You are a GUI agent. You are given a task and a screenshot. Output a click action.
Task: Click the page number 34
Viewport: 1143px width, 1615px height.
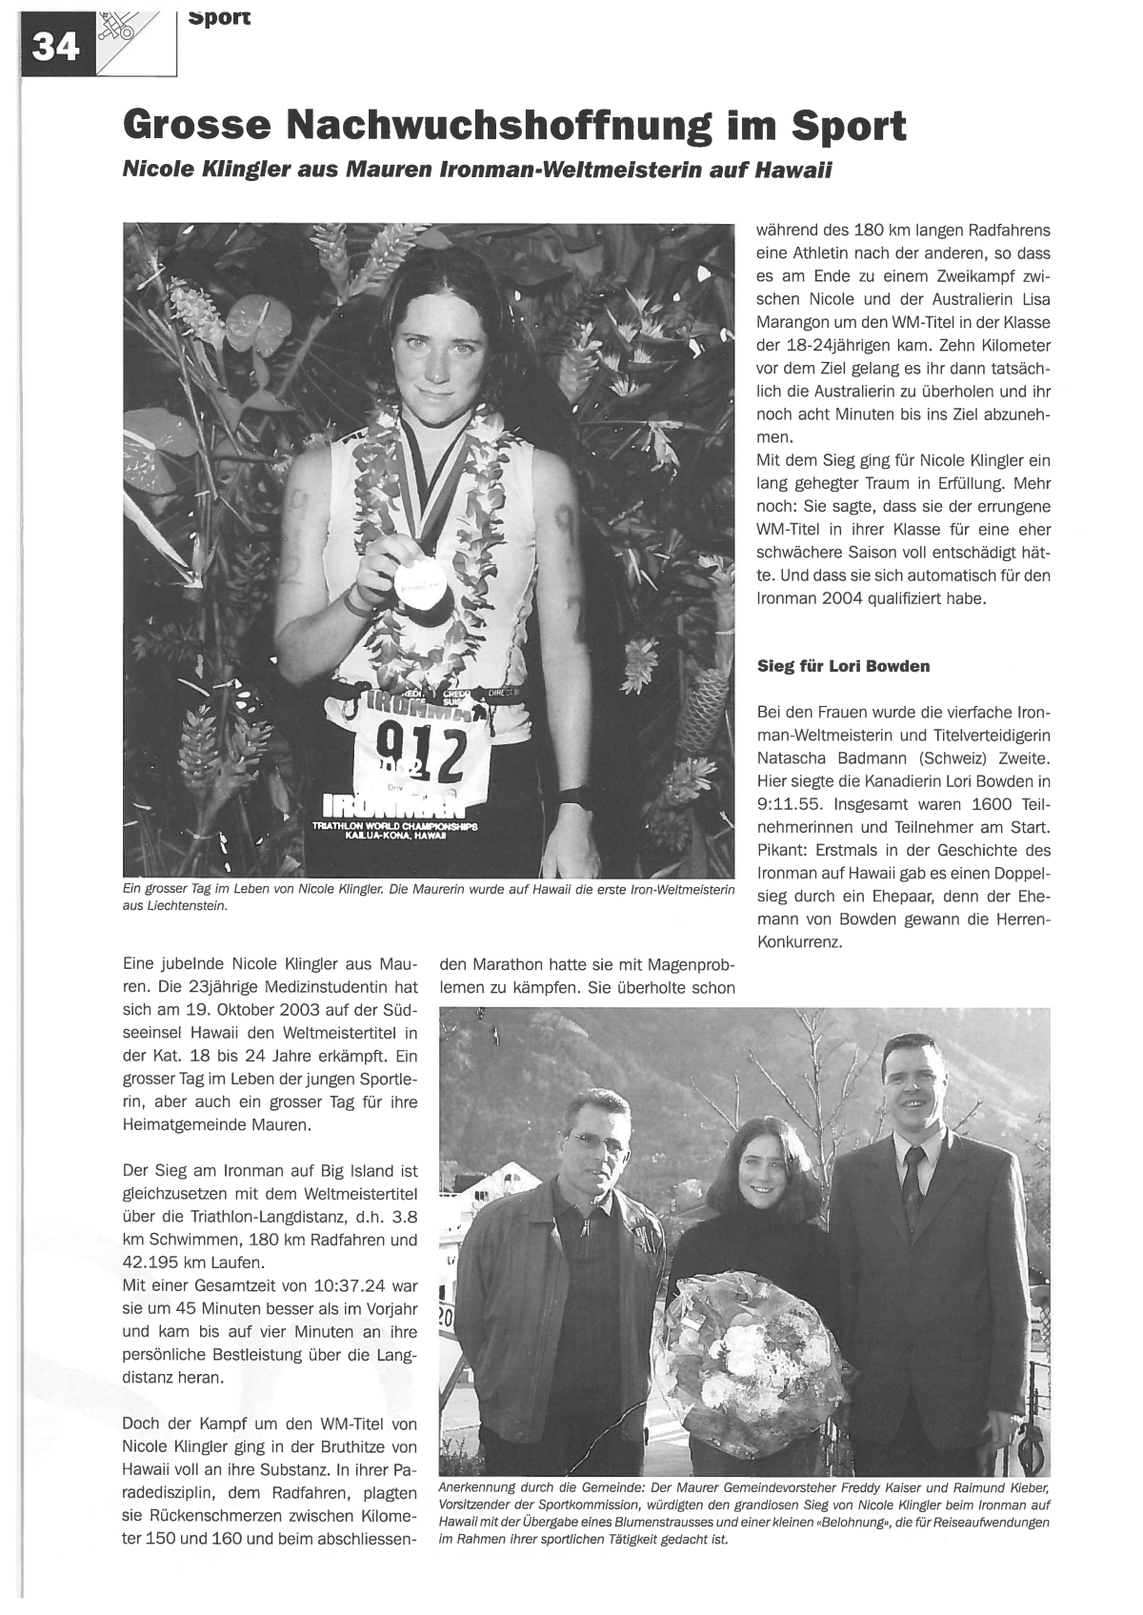pyautogui.click(x=56, y=47)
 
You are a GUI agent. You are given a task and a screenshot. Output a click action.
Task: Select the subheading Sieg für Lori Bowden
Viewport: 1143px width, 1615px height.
pyautogui.click(x=843, y=666)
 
